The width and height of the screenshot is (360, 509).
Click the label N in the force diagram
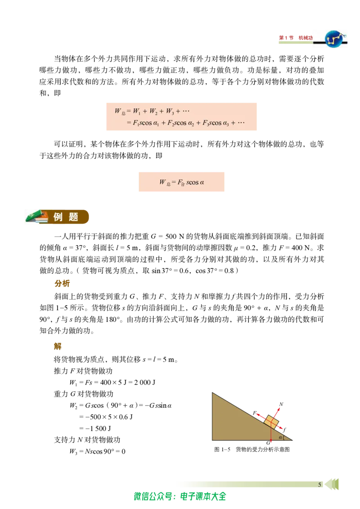point(281,404)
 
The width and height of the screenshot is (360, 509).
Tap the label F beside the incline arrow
point(255,413)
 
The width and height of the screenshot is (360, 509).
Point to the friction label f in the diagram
point(284,430)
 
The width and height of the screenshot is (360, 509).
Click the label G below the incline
point(268,443)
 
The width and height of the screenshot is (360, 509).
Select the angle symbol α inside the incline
point(280,437)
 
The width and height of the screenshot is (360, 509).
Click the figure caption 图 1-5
point(222,450)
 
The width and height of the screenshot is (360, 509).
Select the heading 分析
point(62,283)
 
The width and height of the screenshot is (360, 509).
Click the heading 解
point(58,346)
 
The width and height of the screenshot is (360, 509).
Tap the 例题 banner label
point(66,217)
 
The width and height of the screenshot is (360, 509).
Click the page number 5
point(319,484)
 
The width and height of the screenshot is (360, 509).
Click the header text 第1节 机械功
point(296,38)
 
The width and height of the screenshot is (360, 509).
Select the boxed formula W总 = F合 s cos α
point(181,182)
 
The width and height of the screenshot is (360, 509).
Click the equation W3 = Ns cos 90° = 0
point(98,451)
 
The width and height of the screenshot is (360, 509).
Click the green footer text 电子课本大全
point(203,496)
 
